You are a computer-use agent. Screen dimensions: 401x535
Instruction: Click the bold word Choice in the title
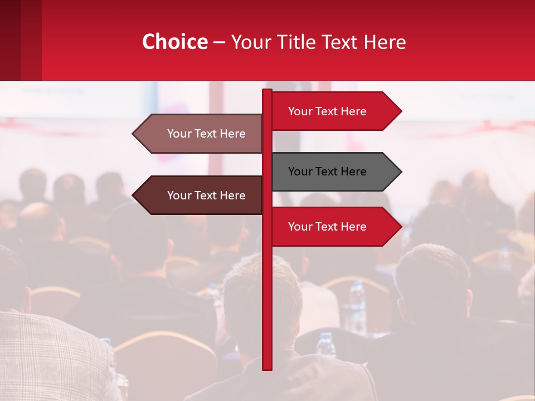(174, 42)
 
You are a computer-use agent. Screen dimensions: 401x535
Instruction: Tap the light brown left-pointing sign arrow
(201, 134)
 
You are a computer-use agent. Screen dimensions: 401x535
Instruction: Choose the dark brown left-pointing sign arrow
(201, 195)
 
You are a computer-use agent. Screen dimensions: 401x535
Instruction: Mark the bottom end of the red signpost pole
(267, 368)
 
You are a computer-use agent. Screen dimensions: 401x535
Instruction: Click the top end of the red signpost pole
(267, 91)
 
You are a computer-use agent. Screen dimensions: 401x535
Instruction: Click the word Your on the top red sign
(300, 111)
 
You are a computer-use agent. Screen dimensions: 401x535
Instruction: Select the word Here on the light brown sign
(232, 134)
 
